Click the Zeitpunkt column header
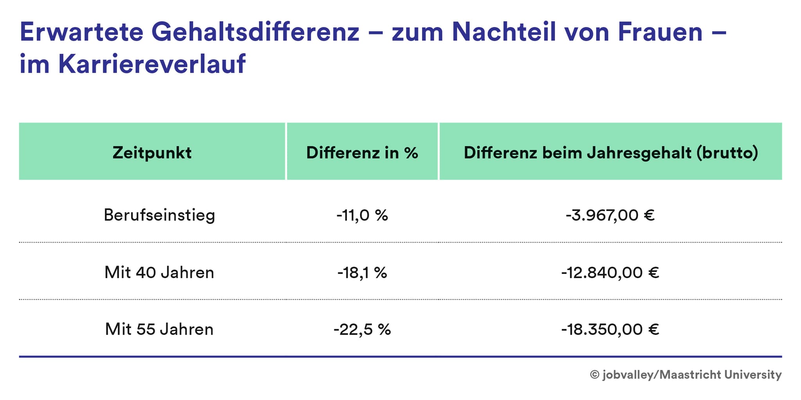[152, 153]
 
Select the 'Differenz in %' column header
[362, 153]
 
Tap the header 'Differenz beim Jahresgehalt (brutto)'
[611, 153]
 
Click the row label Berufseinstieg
[159, 215]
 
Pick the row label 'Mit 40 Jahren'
[159, 272]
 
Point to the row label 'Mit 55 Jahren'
[159, 329]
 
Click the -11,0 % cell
[362, 215]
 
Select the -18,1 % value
[362, 272]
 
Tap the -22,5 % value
[362, 329]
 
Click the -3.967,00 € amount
[610, 215]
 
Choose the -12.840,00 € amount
[610, 272]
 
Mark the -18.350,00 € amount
[610, 329]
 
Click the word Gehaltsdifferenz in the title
[255, 32]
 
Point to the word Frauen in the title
[660, 32]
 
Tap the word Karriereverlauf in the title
[152, 64]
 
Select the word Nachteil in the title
[504, 32]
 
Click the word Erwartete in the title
[82, 32]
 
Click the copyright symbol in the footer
[594, 375]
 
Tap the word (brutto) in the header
[727, 153]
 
